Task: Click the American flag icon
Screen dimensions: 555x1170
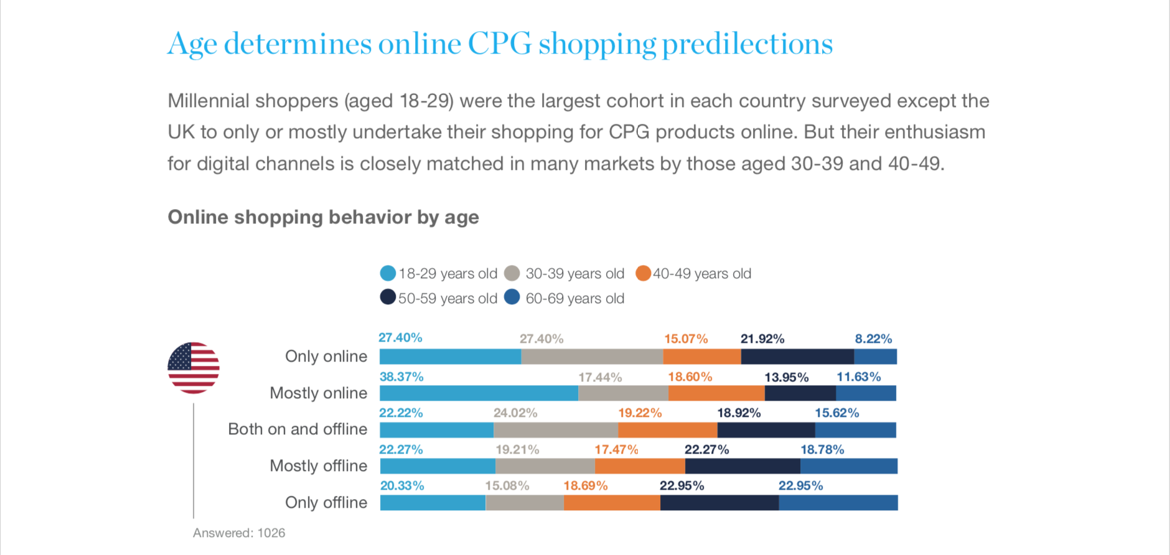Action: (194, 368)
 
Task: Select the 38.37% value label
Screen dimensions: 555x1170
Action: (401, 376)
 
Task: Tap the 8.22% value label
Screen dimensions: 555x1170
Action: (873, 338)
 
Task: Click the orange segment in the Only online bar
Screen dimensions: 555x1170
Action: (702, 357)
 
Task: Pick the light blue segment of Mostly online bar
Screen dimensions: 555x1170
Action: (479, 393)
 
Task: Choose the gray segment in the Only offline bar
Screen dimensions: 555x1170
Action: (525, 503)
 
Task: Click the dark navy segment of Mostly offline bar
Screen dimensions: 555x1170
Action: (742, 466)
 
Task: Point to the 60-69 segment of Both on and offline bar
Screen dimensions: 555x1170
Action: (855, 430)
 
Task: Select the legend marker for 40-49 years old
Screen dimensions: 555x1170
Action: (643, 273)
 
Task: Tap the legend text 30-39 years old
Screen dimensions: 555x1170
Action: (574, 274)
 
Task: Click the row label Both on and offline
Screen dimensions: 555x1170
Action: (297, 429)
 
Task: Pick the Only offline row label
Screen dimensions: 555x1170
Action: (326, 502)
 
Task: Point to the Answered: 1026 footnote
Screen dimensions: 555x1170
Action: (239, 533)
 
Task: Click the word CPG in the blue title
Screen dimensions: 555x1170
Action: (500, 44)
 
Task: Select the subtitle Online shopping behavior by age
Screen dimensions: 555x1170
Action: (323, 217)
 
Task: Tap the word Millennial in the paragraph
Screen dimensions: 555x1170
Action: (208, 101)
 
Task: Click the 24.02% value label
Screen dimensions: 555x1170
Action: (515, 413)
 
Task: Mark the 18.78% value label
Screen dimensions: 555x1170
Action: (822, 449)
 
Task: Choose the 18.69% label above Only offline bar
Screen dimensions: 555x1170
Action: (585, 485)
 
